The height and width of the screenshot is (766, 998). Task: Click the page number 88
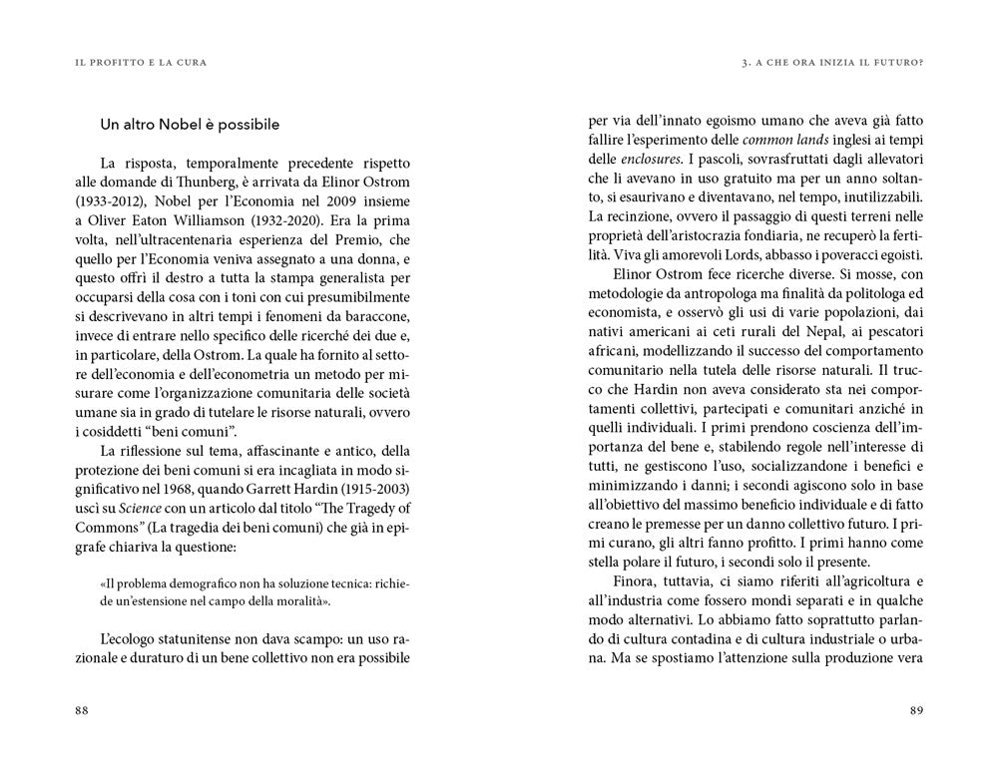[x=82, y=709]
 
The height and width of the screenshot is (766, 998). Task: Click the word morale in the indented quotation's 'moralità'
[x=294, y=601]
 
